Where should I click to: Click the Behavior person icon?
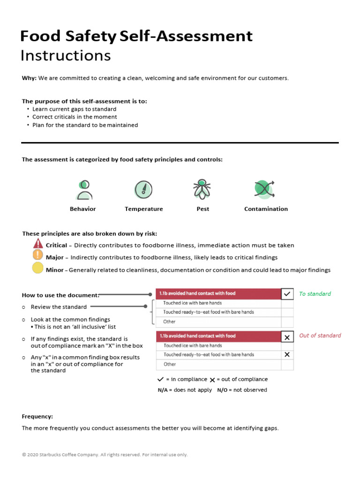point(84,190)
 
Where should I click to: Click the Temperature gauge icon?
point(143,189)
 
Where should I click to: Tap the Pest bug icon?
point(202,189)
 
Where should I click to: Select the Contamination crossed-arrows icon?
point(264,189)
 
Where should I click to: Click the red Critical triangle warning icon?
point(37,244)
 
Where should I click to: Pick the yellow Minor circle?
point(37,269)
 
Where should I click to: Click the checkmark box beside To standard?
point(287,294)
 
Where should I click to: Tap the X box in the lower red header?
point(287,337)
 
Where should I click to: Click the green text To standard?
point(315,294)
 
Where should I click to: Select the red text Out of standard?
point(320,336)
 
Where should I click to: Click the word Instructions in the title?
point(66,55)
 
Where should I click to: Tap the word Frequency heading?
point(37,416)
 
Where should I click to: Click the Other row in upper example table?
point(170,322)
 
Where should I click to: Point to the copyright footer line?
point(105,455)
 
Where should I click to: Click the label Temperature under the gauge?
point(143,209)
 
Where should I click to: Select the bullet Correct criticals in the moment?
point(75,117)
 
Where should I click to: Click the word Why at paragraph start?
point(29,78)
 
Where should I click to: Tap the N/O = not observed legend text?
point(242,390)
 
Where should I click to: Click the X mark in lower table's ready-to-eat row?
point(287,355)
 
